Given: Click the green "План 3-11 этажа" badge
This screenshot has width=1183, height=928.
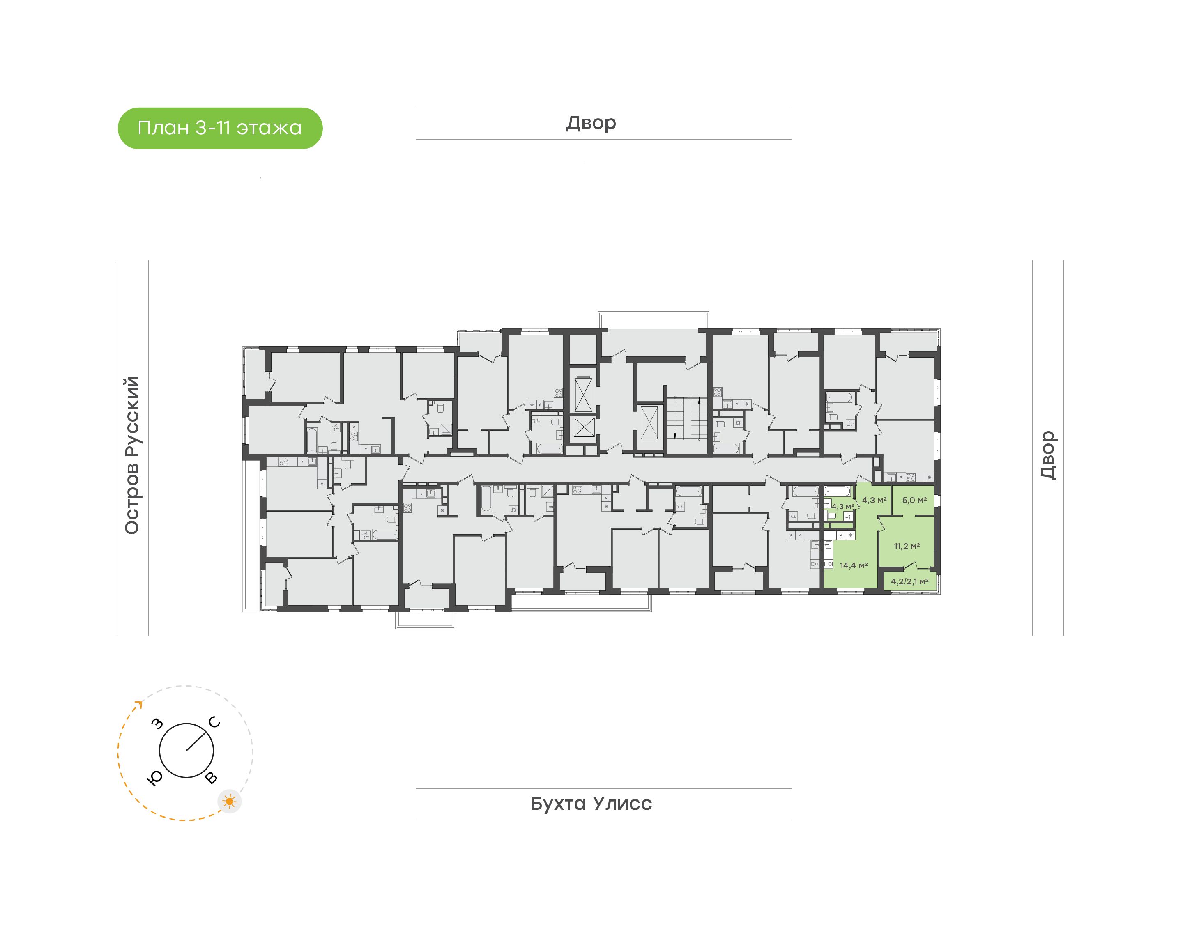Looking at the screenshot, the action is click(220, 128).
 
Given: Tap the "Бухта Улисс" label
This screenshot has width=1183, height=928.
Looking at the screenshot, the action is click(591, 804).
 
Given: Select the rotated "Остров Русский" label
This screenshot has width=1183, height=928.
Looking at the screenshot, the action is click(132, 455).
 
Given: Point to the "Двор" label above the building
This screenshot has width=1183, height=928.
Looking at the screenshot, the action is click(591, 123).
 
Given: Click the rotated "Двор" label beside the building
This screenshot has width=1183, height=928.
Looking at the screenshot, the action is click(1048, 455).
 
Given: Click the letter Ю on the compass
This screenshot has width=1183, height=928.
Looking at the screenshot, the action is click(155, 778).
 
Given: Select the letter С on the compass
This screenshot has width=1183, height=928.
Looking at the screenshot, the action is click(215, 723).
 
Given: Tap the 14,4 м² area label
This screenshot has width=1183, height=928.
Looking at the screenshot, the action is click(854, 565).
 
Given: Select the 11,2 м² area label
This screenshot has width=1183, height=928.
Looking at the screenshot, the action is click(907, 546).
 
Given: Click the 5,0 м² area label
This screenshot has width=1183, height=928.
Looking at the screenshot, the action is click(914, 500).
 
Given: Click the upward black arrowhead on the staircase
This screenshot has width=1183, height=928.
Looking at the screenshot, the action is click(700, 402).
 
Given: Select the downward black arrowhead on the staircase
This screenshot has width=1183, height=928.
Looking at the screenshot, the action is click(675, 435).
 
